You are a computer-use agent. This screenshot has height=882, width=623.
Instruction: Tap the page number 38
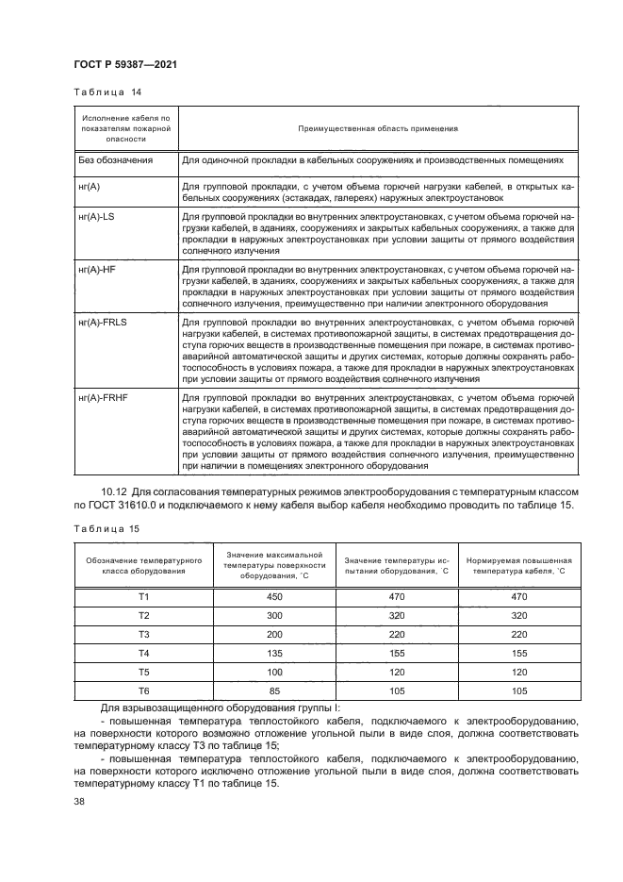tap(78, 801)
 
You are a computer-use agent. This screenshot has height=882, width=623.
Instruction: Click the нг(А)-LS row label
tap(98, 217)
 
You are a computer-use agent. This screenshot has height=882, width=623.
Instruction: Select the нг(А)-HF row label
tap(98, 270)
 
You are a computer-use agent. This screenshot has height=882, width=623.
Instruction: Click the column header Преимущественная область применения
tap(378, 127)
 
